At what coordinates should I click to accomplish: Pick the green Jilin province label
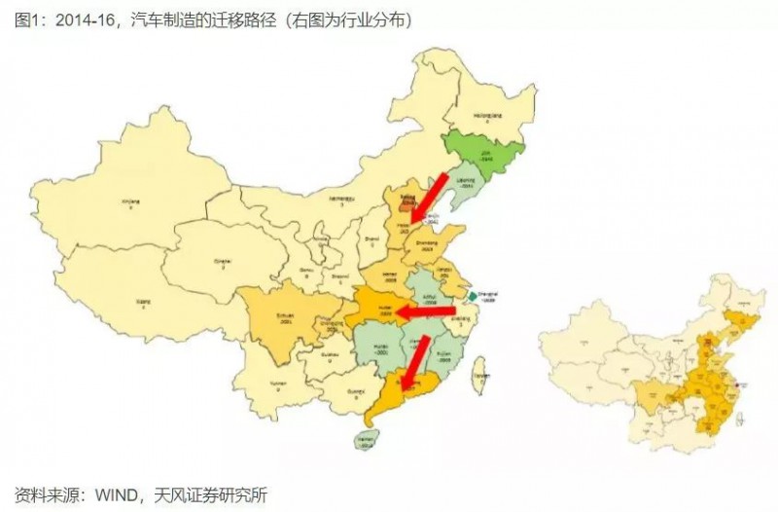tap(483, 154)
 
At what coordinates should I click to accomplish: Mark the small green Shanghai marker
tap(471, 296)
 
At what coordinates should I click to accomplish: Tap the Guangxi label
tap(346, 394)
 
